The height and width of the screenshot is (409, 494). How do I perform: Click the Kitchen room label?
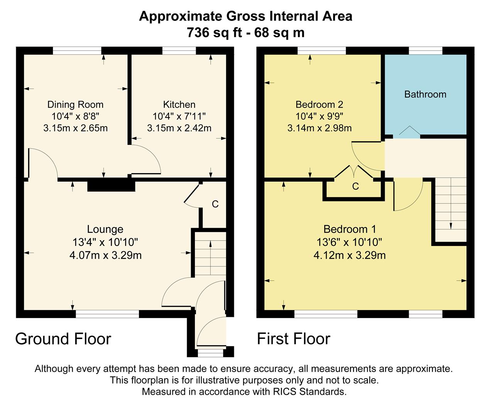click(179, 104)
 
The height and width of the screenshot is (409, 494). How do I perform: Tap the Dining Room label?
click(76, 104)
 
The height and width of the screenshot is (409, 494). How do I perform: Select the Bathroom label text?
click(425, 94)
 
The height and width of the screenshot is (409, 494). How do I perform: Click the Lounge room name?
click(105, 229)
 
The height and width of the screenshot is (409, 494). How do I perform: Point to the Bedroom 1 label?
click(349, 229)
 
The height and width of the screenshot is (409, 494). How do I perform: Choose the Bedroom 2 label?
click(320, 104)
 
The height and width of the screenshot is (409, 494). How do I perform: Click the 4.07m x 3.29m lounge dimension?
click(105, 255)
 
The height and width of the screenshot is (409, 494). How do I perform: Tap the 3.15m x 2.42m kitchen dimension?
click(179, 128)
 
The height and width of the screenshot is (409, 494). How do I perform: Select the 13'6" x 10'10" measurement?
click(349, 242)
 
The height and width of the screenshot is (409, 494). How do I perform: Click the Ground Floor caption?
click(63, 339)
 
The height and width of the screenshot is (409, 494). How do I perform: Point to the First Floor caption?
click(294, 339)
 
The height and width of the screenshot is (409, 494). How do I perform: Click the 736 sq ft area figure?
click(214, 32)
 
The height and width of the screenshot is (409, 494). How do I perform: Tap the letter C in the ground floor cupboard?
click(215, 204)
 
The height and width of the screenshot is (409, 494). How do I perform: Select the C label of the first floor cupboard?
click(355, 187)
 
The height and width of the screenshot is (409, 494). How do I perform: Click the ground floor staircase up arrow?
click(210, 258)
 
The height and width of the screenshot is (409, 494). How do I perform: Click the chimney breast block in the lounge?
click(111, 187)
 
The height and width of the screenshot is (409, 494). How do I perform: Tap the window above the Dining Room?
click(77, 50)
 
